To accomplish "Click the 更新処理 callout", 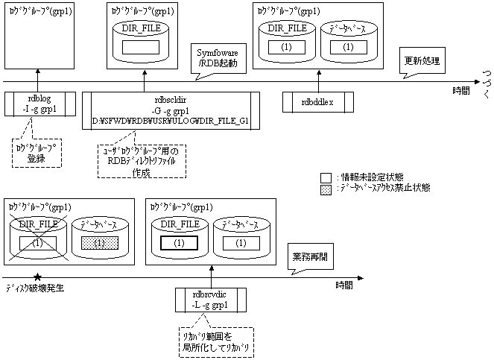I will click(x=422, y=60).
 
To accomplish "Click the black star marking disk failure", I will click(x=37, y=277).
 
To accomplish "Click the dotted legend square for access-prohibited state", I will click(x=325, y=188).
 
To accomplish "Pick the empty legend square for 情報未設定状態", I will click(x=325, y=177).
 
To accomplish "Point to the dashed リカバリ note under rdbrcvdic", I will click(x=215, y=341).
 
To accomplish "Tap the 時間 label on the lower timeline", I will click(x=344, y=285).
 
